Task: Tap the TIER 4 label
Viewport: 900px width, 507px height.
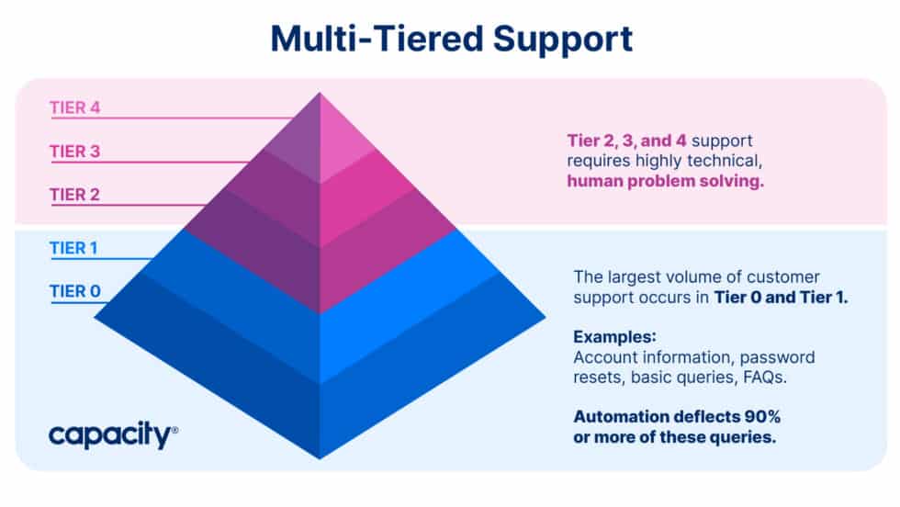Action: click(74, 107)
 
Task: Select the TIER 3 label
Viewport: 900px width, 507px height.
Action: click(74, 152)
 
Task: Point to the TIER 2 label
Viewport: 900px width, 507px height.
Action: click(74, 195)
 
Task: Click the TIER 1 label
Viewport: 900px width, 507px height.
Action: click(74, 248)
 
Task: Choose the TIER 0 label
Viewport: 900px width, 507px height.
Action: click(74, 292)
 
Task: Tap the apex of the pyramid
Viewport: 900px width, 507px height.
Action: click(320, 95)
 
